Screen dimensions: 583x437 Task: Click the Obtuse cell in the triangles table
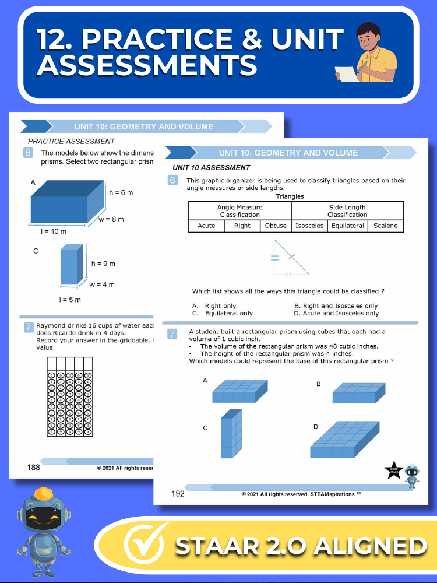[x=276, y=226]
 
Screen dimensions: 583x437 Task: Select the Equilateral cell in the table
[x=347, y=226]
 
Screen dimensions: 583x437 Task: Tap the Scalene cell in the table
[x=385, y=226]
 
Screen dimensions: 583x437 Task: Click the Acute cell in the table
[x=206, y=226]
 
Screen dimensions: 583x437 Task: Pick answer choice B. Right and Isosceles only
[x=336, y=306]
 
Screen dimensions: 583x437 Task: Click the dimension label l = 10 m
[x=54, y=231]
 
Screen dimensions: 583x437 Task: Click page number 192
[x=178, y=494]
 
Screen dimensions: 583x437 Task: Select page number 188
[x=33, y=467]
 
